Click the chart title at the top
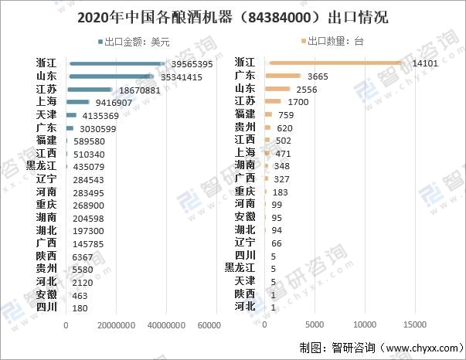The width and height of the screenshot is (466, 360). click(233, 16)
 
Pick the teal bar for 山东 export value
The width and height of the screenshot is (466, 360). click(111, 76)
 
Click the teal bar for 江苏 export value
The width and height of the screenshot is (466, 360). click(90, 90)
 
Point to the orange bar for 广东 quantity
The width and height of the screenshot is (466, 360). click(283, 76)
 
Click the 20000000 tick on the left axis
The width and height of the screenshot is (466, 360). click(115, 326)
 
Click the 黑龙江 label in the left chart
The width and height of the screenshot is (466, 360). click(41, 166)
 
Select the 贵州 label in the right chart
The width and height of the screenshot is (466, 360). click(245, 127)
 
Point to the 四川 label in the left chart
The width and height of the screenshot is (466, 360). click(46, 307)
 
